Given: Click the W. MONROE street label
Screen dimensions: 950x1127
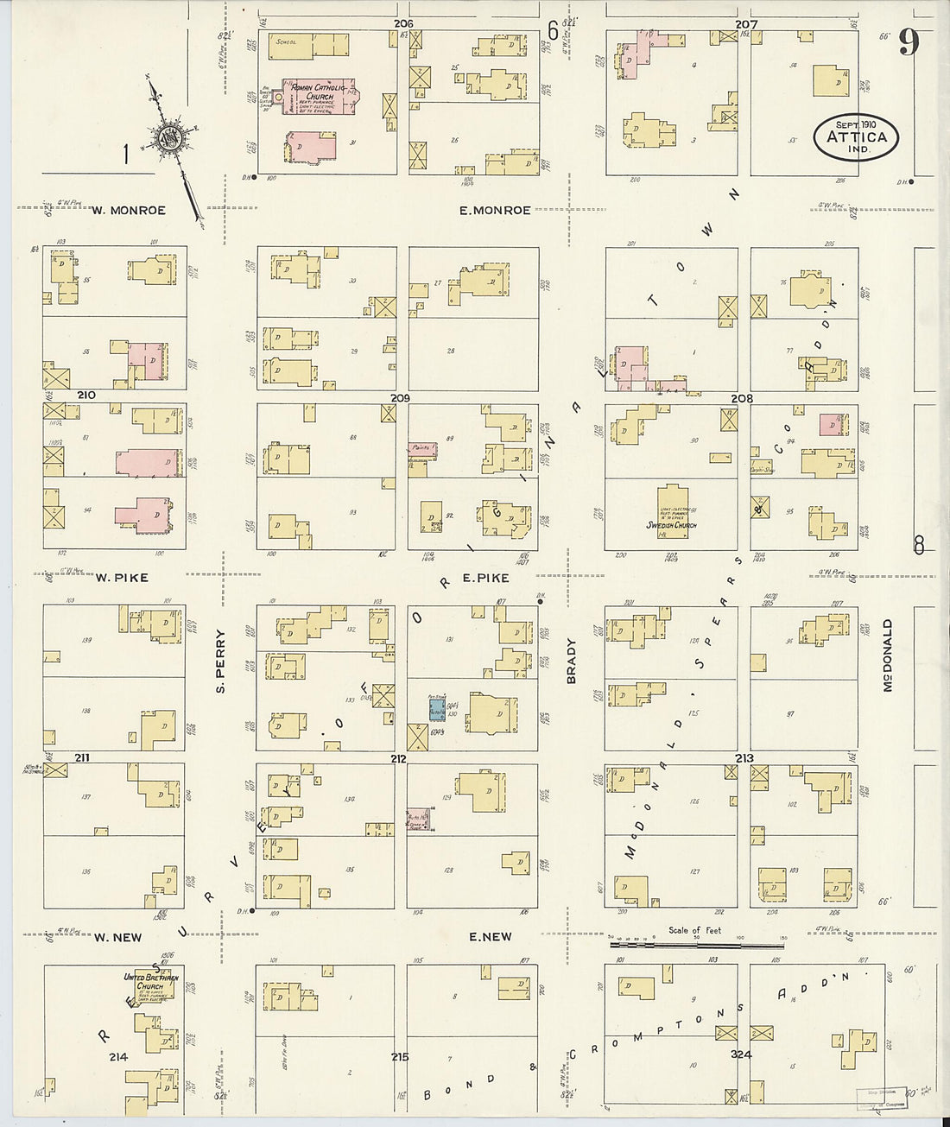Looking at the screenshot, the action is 129,210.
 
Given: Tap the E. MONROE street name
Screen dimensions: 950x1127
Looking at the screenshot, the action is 500,210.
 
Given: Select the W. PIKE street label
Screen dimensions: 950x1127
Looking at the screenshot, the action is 122,577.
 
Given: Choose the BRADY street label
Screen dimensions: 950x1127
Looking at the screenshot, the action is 571,662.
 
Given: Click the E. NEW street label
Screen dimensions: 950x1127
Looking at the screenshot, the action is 491,936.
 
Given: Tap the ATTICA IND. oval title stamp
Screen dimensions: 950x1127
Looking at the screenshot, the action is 856,136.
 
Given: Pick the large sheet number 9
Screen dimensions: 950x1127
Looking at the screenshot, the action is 908,41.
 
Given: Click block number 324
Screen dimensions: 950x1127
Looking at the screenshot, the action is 739,1054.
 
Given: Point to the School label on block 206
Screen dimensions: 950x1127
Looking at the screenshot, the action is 286,41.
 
